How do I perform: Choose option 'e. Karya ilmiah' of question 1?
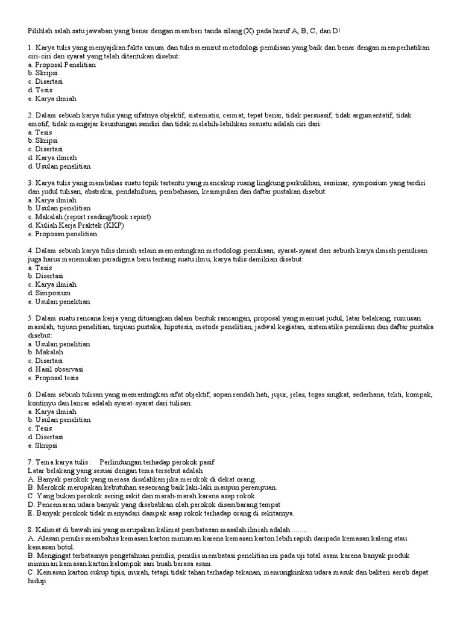(52, 98)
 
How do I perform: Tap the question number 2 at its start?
(30, 115)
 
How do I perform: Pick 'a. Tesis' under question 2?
(40, 132)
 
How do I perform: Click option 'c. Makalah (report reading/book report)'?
(89, 216)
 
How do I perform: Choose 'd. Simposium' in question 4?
(49, 292)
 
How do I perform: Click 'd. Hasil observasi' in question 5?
(55, 369)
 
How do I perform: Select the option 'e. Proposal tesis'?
(53, 377)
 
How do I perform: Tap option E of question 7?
(161, 513)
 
